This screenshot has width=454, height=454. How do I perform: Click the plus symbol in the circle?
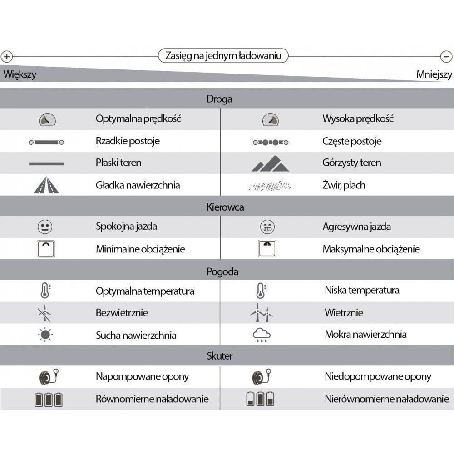[6, 57]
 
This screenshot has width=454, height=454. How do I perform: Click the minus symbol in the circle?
[446, 57]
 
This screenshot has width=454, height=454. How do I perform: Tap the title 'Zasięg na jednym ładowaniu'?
[223, 56]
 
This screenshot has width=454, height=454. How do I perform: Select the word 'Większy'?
[20, 74]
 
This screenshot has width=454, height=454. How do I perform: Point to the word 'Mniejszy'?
[434, 74]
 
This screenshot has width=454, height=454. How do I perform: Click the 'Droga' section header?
[219, 99]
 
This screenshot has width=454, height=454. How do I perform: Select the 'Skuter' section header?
[220, 356]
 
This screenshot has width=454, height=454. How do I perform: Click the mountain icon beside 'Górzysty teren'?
[271, 163]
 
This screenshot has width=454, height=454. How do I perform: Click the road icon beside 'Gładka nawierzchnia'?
[46, 185]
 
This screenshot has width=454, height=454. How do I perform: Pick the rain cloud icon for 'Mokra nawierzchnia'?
[262, 336]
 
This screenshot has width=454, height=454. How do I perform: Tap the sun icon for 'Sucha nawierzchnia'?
[45, 335]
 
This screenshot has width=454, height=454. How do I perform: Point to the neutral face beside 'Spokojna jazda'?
[45, 226]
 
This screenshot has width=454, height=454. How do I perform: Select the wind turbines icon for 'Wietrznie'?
[262, 313]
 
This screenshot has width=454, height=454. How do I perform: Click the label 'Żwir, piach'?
[344, 185]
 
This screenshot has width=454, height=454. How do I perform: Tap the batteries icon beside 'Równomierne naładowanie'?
[49, 400]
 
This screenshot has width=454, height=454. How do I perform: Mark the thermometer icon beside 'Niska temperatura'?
[260, 290]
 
